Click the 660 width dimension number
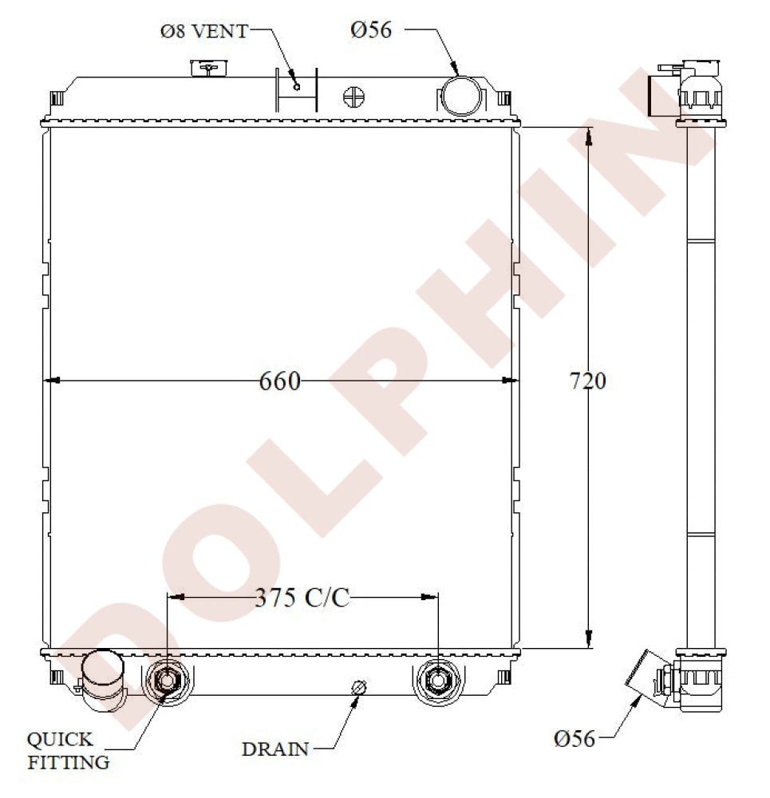point(280,381)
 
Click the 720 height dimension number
point(587,381)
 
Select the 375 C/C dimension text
point(302,598)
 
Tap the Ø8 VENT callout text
point(203,32)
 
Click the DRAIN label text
point(275,749)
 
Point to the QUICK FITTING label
point(69,751)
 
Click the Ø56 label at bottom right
point(575,739)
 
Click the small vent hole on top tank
point(297,86)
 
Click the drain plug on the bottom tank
point(359,688)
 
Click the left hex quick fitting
point(167,681)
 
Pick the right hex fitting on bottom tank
point(438,681)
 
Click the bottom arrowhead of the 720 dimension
point(589,638)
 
